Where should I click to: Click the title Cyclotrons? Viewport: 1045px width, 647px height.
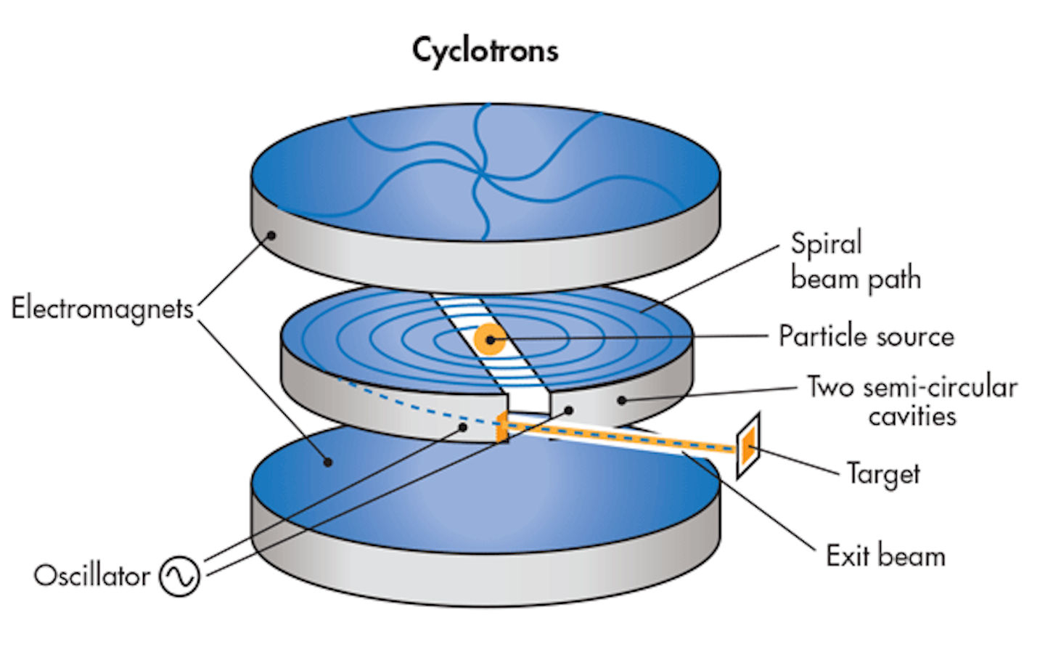(x=485, y=51)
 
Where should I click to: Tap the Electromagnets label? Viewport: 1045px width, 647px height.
(x=102, y=308)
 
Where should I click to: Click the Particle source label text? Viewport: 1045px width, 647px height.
(x=866, y=336)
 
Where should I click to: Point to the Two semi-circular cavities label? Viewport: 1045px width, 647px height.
(x=912, y=401)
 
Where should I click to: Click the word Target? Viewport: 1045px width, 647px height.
(x=883, y=474)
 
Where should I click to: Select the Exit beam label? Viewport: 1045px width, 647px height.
(x=885, y=556)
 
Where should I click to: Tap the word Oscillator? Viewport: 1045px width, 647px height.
(x=91, y=576)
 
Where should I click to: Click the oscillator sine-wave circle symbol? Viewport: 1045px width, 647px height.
(x=179, y=576)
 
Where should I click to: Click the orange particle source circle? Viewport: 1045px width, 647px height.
(x=490, y=339)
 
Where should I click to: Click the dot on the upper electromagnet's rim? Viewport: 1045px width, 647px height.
(x=271, y=235)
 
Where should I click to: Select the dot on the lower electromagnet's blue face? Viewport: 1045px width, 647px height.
(x=328, y=461)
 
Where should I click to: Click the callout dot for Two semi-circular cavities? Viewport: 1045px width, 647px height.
(x=622, y=400)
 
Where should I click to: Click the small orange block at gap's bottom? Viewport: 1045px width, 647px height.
(x=501, y=429)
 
